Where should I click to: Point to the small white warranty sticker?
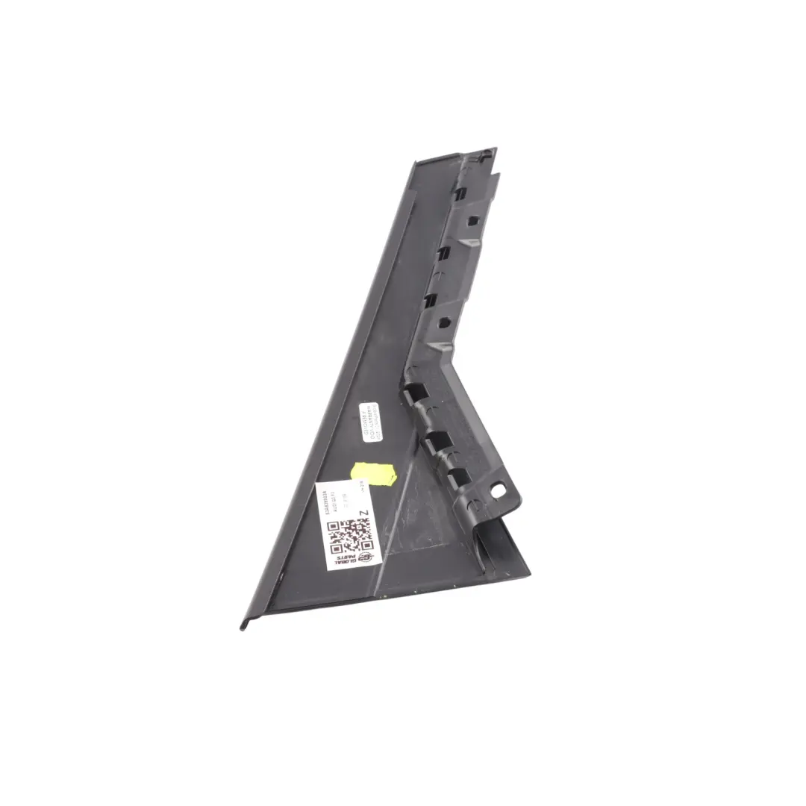coord(371,422)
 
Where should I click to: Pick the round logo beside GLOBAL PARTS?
coord(365,557)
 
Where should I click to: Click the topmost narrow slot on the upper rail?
coord(457,193)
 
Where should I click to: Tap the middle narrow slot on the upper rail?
coord(441,252)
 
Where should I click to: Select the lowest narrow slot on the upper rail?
coord(431,301)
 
